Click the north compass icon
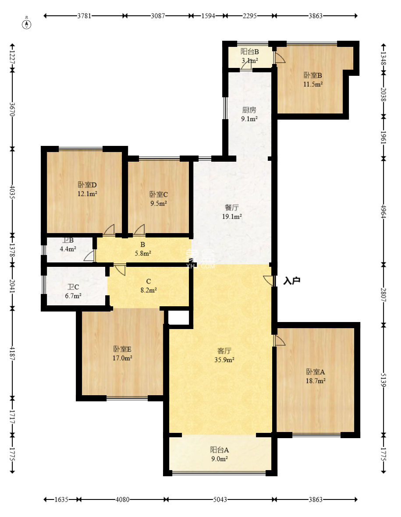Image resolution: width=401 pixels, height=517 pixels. point(27,24)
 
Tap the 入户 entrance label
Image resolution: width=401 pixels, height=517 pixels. point(292,281)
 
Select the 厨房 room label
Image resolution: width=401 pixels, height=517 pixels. point(249,110)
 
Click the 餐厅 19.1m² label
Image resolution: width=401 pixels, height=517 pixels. point(232,212)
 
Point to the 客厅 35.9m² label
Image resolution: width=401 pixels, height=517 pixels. point(224,355)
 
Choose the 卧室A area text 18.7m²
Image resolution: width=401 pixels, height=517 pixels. point(316,381)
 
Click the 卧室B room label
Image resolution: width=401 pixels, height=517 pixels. point(312,75)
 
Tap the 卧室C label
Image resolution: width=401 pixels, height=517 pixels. point(159,195)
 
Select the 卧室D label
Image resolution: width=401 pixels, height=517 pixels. point(87,185)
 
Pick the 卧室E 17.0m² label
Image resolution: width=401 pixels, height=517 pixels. point(122,354)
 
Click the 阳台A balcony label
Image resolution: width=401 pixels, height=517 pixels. point(220,450)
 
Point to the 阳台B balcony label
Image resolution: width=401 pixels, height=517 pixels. point(250,51)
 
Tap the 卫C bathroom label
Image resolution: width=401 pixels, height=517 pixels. point(73,287)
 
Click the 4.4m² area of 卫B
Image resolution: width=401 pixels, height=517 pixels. point(68,249)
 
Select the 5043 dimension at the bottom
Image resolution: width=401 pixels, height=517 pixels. point(220,499)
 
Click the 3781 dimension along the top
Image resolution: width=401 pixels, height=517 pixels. point(85,15)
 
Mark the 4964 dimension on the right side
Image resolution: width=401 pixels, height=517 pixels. point(383,212)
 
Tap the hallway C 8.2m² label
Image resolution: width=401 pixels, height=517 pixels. point(149,286)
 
